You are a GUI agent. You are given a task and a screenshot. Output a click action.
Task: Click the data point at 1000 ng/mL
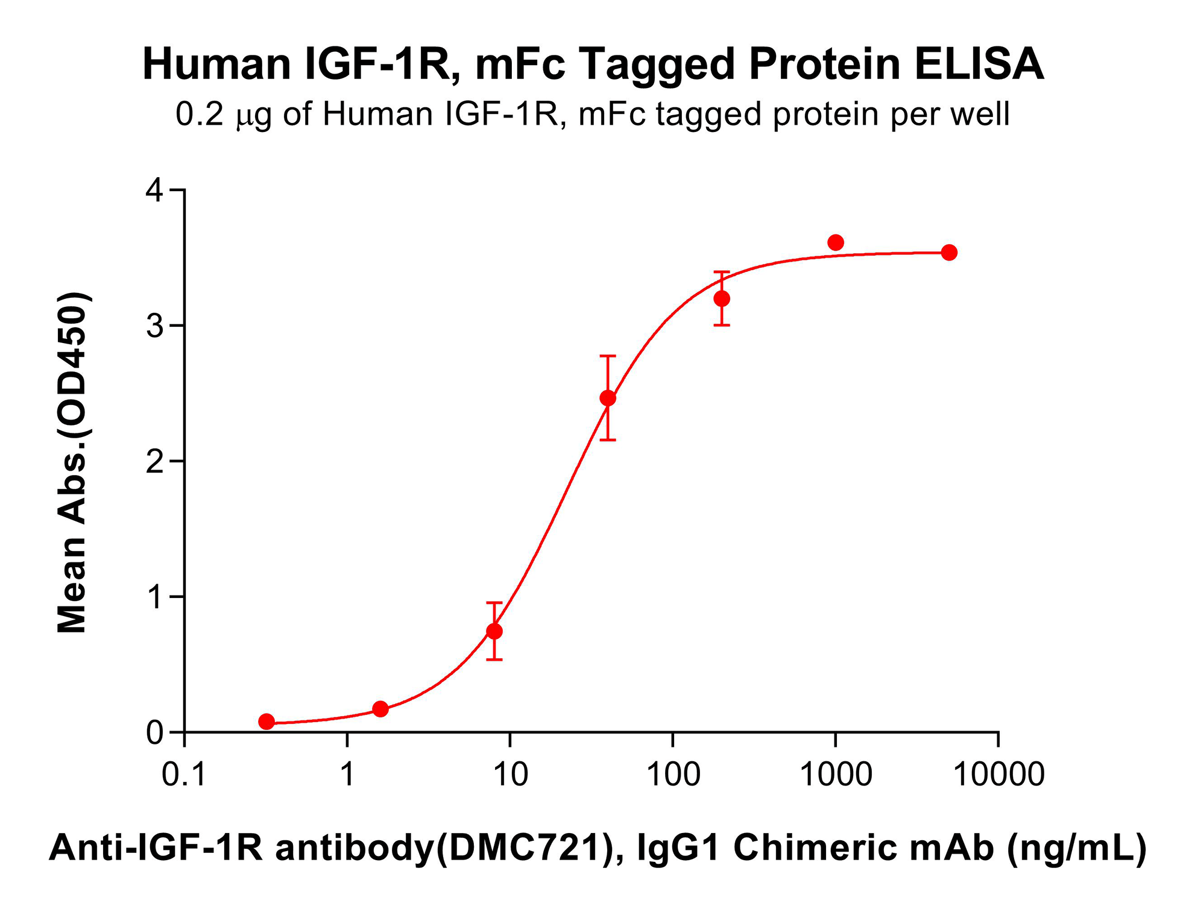click(835, 243)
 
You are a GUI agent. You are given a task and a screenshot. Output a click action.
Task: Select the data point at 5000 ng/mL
click(949, 253)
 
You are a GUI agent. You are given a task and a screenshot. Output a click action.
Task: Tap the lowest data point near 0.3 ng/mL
click(267, 722)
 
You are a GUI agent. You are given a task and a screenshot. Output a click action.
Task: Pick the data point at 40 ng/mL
click(608, 398)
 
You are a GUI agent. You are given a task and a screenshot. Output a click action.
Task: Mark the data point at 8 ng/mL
click(494, 631)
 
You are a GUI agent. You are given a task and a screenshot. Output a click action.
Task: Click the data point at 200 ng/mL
click(722, 298)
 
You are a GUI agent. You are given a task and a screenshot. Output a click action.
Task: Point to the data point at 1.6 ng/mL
click(380, 709)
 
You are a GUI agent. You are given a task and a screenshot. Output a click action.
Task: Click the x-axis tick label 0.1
click(184, 775)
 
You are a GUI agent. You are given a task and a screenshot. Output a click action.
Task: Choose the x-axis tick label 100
click(673, 775)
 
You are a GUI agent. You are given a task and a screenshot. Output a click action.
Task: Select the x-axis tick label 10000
click(998, 775)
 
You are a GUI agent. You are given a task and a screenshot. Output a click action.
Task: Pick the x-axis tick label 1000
click(836, 775)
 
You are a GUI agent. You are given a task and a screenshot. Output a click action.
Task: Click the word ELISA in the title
click(979, 64)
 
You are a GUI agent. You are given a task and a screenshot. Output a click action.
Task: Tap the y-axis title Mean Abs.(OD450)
click(72, 462)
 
